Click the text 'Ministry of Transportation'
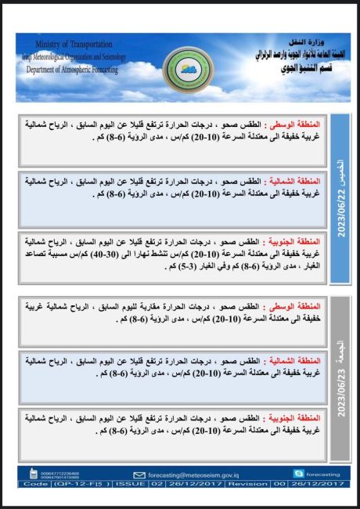(74, 45)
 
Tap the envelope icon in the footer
(140, 475)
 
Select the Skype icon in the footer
(297, 473)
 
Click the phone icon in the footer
(33, 474)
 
